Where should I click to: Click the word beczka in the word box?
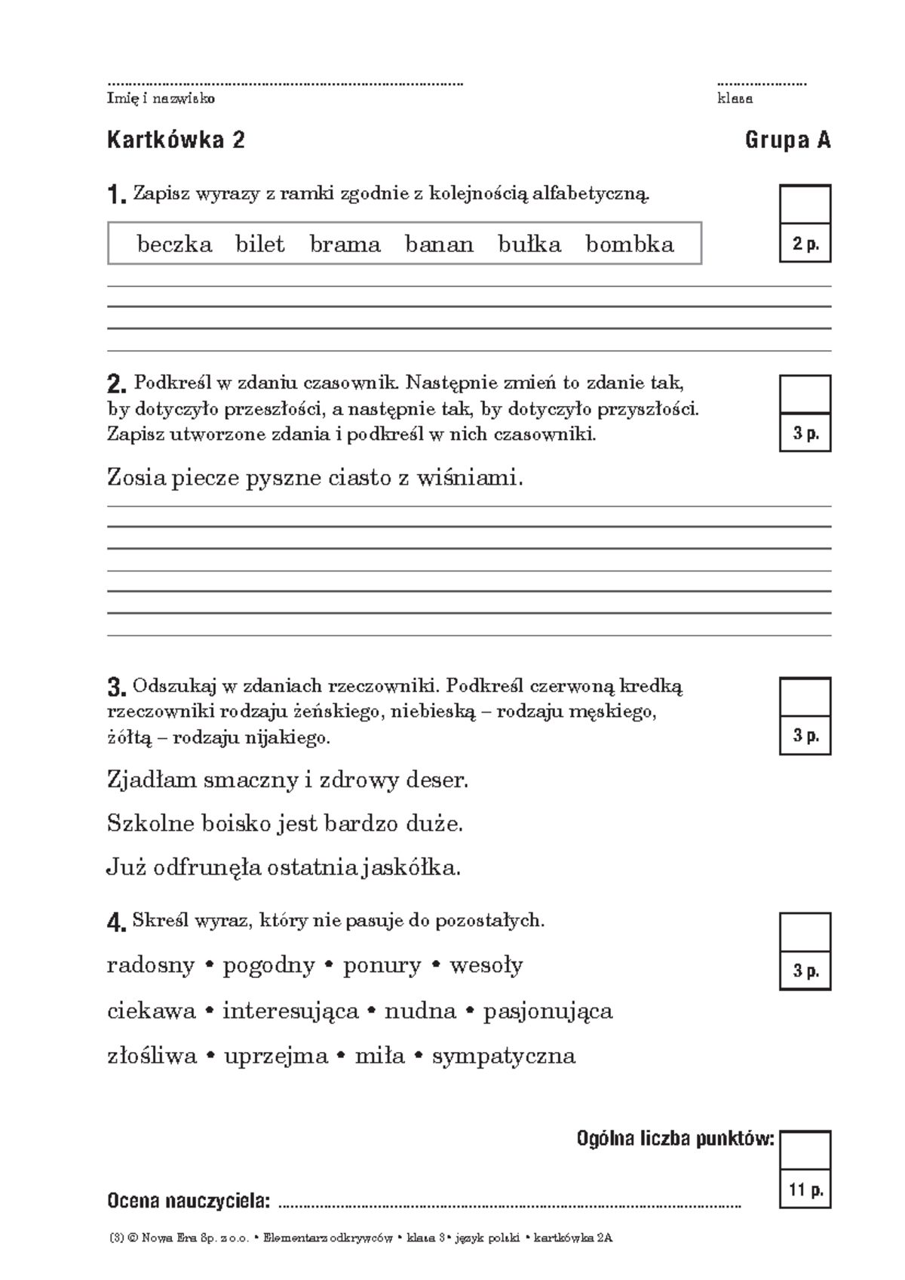click(x=174, y=245)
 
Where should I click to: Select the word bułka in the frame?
click(x=529, y=245)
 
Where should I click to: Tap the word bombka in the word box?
click(x=630, y=245)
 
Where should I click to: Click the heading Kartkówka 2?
click(x=176, y=140)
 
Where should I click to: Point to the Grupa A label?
click(x=787, y=140)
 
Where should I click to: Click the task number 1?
click(x=116, y=195)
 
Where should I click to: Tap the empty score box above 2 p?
click(x=805, y=205)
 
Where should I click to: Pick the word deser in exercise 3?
click(x=437, y=780)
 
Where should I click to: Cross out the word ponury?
click(x=382, y=965)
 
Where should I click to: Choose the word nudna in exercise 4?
click(x=420, y=1011)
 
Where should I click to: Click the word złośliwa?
click(x=152, y=1056)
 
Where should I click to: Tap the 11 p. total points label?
click(x=805, y=1191)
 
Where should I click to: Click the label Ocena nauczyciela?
click(x=189, y=1201)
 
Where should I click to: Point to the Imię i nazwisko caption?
click(x=161, y=99)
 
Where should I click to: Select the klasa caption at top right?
click(x=735, y=99)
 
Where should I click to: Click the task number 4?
click(x=116, y=922)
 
